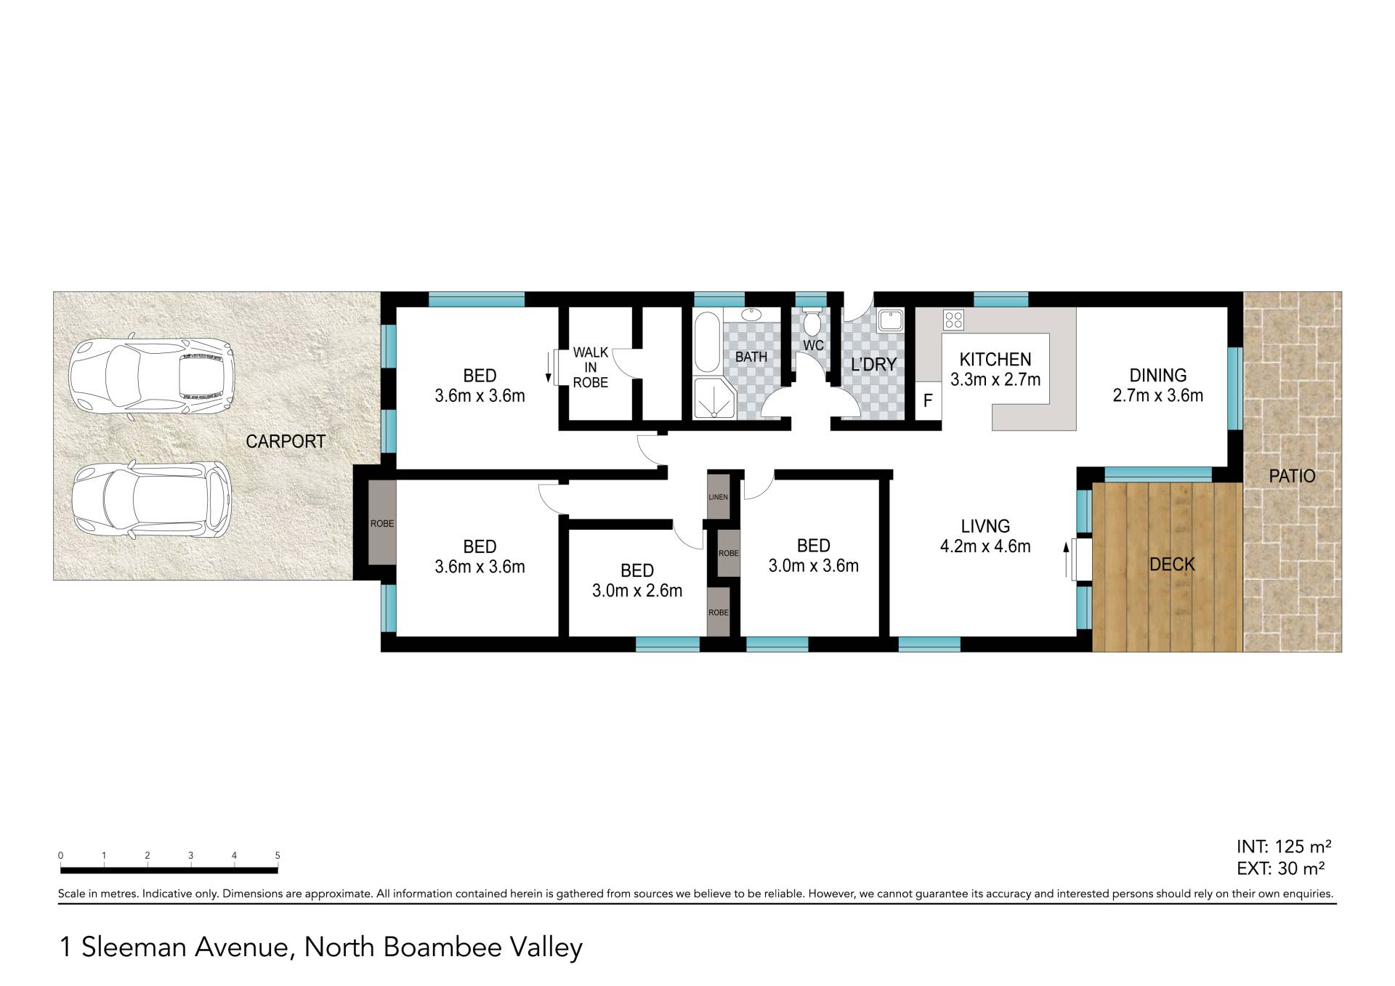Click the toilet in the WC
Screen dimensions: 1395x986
pyautogui.click(x=812, y=321)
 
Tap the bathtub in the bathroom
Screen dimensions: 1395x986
pyautogui.click(x=707, y=341)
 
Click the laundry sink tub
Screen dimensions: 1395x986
pyautogui.click(x=889, y=320)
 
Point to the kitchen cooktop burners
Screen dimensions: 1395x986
pyautogui.click(x=953, y=320)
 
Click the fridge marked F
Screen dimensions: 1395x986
pyautogui.click(x=928, y=400)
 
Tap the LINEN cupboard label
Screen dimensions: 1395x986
pyautogui.click(x=718, y=497)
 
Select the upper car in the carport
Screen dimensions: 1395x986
pyautogui.click(x=151, y=373)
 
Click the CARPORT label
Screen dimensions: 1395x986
pyautogui.click(x=286, y=441)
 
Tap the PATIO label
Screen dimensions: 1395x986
pyautogui.click(x=1292, y=476)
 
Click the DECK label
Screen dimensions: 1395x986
pyautogui.click(x=1172, y=564)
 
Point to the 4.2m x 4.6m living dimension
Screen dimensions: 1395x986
pyautogui.click(x=985, y=546)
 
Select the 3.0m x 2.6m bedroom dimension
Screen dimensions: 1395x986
pyautogui.click(x=637, y=591)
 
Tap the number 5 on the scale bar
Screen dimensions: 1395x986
pyautogui.click(x=278, y=855)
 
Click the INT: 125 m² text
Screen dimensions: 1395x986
pyautogui.click(x=1284, y=846)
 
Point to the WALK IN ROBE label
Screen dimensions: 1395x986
pyautogui.click(x=591, y=368)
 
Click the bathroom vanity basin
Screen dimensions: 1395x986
pyautogui.click(x=751, y=315)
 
